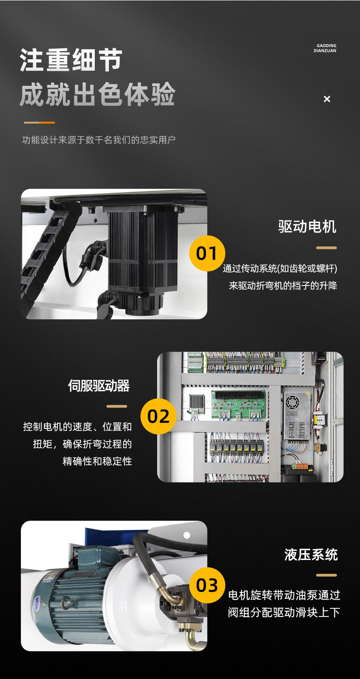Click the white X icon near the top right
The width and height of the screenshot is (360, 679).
(x=327, y=99)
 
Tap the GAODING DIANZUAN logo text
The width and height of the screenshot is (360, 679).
(x=325, y=48)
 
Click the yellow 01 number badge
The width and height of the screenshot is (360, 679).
(x=207, y=253)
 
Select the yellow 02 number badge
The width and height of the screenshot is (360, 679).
(x=159, y=416)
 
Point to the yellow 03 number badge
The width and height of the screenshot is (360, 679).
(x=207, y=585)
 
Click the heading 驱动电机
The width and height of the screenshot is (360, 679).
(x=307, y=227)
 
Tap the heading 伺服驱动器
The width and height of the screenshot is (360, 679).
(x=99, y=386)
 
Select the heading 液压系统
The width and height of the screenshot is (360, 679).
(x=311, y=555)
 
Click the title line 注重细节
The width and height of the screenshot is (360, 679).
(x=71, y=60)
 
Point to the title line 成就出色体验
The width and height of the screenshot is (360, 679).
(x=98, y=94)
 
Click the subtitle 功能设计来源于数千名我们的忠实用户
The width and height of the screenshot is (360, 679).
(x=99, y=140)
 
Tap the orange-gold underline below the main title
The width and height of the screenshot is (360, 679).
(x=39, y=123)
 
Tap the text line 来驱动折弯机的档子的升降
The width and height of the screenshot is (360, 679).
(x=283, y=285)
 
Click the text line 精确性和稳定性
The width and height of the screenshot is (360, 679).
(x=97, y=461)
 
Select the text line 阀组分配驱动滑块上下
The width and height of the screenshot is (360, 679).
(x=284, y=612)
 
